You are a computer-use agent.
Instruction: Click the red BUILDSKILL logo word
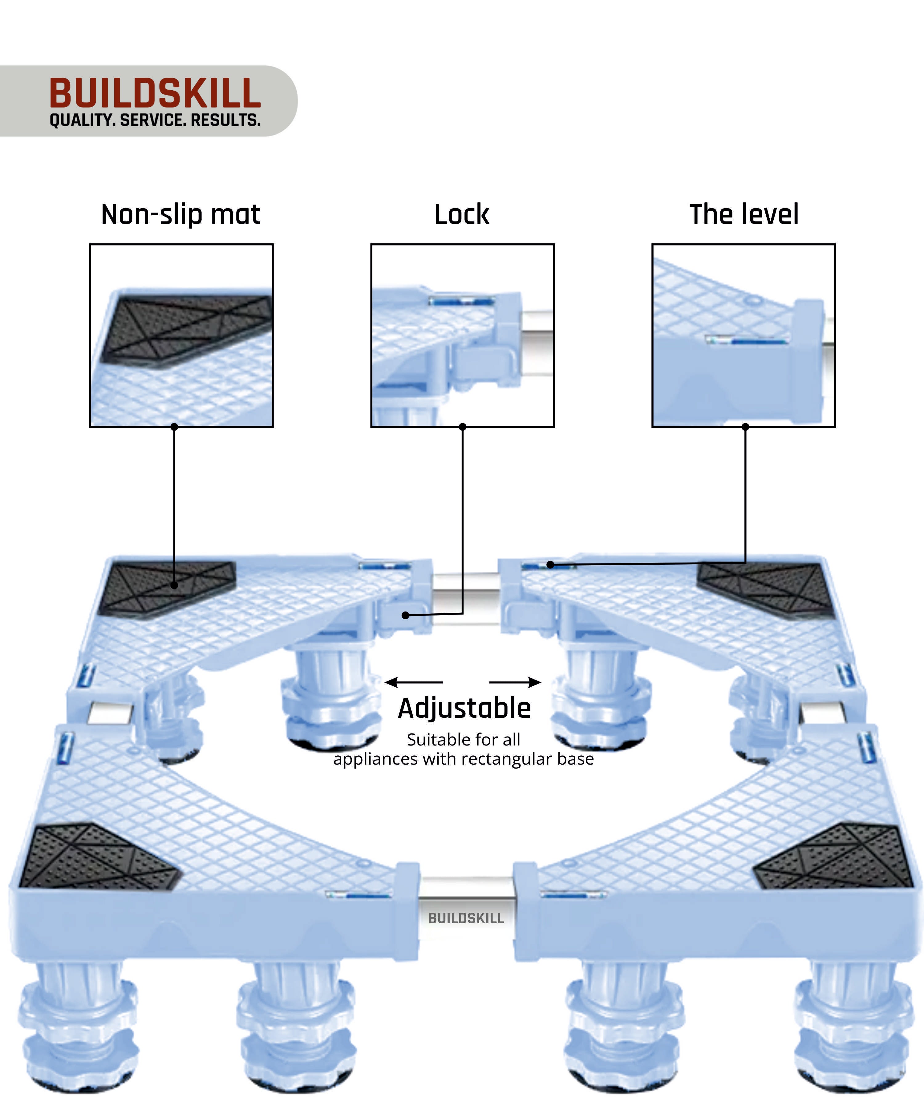pyautogui.click(x=155, y=93)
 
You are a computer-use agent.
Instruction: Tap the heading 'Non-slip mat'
pyautogui.click(x=180, y=214)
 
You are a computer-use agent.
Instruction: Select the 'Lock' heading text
pyautogui.click(x=461, y=214)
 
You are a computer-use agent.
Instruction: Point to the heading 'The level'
pyautogui.click(x=744, y=214)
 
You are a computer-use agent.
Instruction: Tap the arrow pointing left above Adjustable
pyautogui.click(x=413, y=682)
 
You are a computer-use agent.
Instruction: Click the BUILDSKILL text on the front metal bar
pyautogui.click(x=466, y=918)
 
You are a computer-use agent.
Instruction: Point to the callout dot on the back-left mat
pyautogui.click(x=174, y=585)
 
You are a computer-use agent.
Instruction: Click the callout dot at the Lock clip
pyautogui.click(x=405, y=615)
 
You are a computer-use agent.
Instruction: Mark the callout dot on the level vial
pyautogui.click(x=550, y=565)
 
